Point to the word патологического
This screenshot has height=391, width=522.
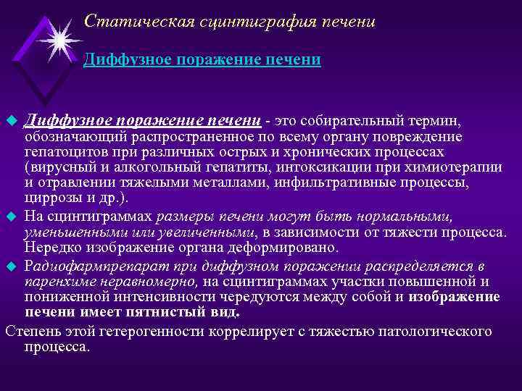(x=428, y=332)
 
